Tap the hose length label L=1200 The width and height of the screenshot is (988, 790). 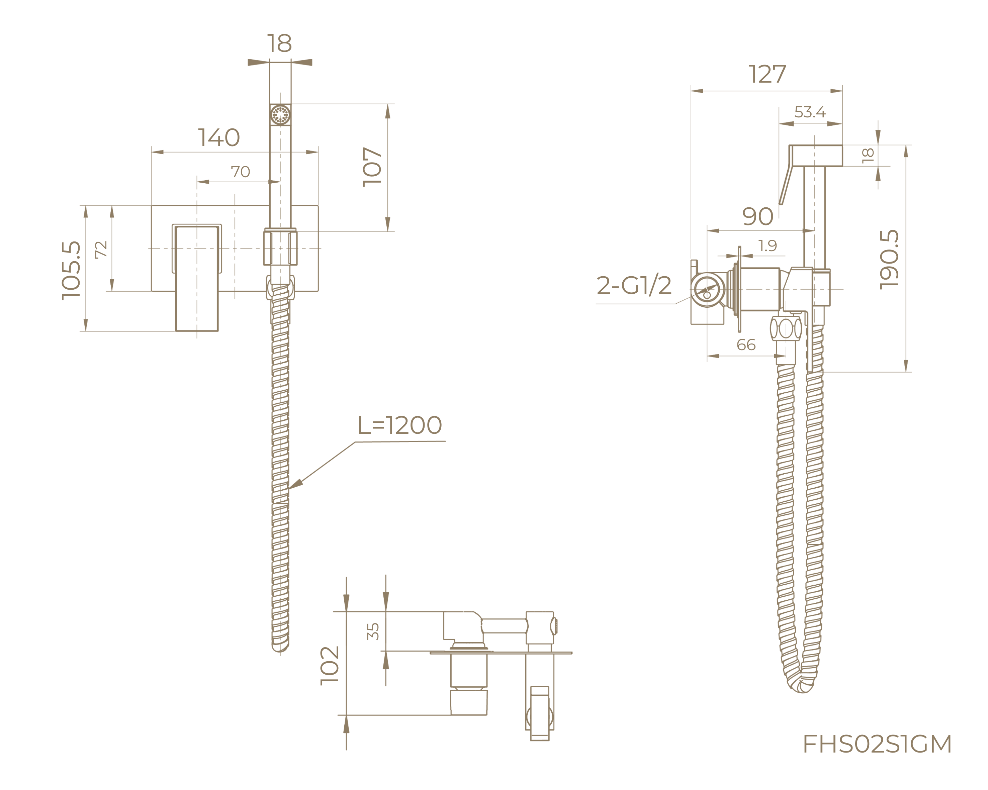coord(399,425)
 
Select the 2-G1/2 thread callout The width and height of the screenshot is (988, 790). coord(634,285)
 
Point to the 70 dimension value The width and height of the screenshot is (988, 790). coord(240,172)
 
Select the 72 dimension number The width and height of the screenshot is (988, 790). coord(100,250)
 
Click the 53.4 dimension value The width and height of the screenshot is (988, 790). coord(810,112)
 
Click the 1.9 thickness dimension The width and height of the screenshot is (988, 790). coord(768,246)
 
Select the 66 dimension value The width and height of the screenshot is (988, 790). coord(745,345)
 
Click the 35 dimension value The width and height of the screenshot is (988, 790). coord(373,631)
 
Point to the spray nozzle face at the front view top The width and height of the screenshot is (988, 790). coord(280,114)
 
